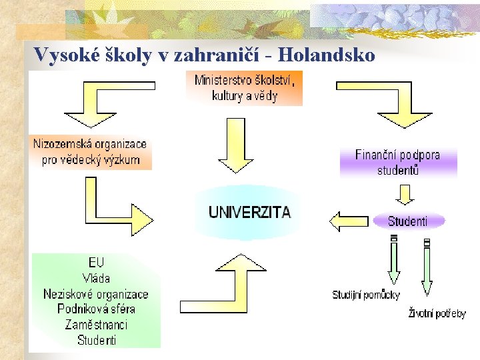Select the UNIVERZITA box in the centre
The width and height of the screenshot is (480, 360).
[249, 213]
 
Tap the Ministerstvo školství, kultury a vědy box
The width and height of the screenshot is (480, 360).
[244, 88]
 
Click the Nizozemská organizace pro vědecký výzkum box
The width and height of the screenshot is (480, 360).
[91, 152]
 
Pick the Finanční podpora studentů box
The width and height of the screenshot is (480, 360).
[398, 163]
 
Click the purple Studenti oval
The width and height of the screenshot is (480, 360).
[407, 221]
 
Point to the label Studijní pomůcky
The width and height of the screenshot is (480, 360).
[366, 295]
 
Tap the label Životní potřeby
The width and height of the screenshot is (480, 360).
[437, 313]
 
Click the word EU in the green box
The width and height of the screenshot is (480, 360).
[97, 263]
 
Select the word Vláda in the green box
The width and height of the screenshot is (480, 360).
[97, 278]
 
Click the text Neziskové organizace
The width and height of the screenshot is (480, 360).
[96, 294]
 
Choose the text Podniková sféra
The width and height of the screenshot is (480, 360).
[96, 309]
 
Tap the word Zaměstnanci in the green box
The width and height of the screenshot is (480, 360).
[96, 325]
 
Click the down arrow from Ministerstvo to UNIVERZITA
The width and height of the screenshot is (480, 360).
[237, 151]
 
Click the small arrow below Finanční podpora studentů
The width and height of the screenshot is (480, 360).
[405, 194]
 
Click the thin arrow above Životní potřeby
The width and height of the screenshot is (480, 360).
[427, 267]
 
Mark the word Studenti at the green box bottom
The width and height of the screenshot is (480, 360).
[97, 340]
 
